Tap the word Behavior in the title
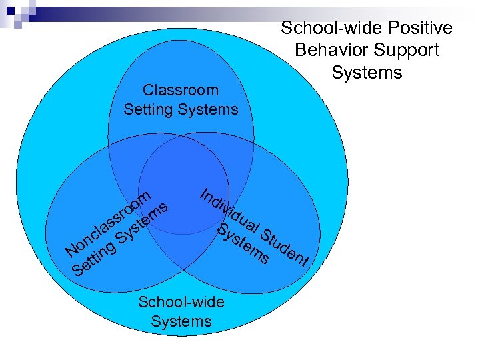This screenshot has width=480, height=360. (x=329, y=50)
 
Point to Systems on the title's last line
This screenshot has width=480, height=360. (x=367, y=71)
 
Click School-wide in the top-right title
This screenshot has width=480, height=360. (x=322, y=28)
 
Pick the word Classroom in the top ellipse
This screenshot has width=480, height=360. (x=181, y=90)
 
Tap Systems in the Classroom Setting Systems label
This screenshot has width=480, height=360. (x=209, y=109)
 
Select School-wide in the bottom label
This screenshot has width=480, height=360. (x=181, y=302)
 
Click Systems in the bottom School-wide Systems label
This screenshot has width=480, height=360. (x=181, y=321)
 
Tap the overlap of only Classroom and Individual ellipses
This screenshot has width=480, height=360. (x=240, y=163)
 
